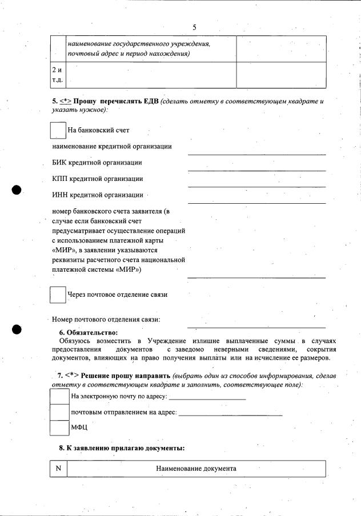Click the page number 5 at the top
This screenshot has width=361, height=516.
(x=194, y=27)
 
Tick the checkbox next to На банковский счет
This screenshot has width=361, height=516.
(x=58, y=130)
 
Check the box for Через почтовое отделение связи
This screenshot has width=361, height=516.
(x=58, y=294)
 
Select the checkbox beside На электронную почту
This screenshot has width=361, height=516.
(x=59, y=396)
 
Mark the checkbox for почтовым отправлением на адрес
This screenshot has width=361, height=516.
(x=59, y=412)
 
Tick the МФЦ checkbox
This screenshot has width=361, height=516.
(x=59, y=428)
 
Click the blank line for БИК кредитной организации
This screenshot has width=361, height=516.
(x=256, y=170)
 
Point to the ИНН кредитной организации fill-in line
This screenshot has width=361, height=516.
(x=256, y=202)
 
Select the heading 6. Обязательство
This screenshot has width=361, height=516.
(x=88, y=332)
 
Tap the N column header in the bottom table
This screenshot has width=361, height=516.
(x=58, y=469)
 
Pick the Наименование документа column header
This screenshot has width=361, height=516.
(x=196, y=469)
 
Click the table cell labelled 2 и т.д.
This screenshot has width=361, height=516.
(x=58, y=75)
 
